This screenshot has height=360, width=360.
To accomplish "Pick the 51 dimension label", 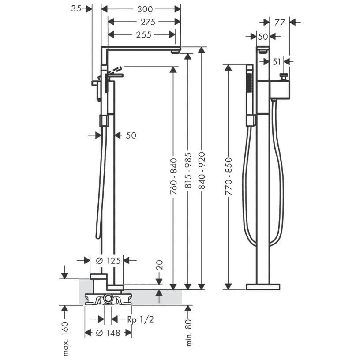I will (x=277, y=62).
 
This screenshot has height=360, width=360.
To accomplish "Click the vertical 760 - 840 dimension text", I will (x=173, y=176).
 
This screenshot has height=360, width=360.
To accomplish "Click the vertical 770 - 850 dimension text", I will (x=229, y=176).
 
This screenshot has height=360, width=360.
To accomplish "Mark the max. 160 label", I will (x=65, y=338).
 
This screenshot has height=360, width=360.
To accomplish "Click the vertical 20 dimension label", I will (x=160, y=265).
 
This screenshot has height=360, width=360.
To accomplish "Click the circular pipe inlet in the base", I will (x=108, y=300).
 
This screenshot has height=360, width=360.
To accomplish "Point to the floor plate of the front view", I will (x=263, y=287).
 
